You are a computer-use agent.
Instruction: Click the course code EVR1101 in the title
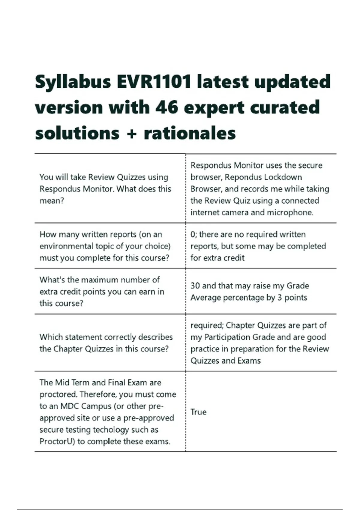tap(154, 82)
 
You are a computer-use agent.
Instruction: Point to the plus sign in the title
tap(131, 133)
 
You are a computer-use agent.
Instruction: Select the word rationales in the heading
tap(190, 133)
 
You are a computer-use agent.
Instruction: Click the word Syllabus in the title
tap(73, 82)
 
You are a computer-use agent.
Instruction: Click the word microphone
tap(290, 212)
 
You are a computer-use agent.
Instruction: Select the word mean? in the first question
tap(52, 201)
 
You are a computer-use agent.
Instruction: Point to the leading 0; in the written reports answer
tap(193, 234)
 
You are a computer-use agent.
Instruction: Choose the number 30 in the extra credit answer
tap(195, 286)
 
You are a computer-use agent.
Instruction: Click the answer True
tap(198, 412)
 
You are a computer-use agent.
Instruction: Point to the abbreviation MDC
tap(70, 406)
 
